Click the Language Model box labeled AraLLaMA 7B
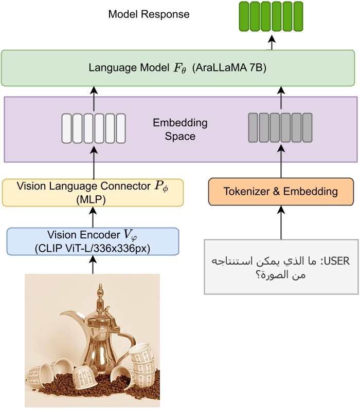point(177,68)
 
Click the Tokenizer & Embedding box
point(281,192)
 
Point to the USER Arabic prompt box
point(281,267)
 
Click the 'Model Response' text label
point(149,14)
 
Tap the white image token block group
point(94,128)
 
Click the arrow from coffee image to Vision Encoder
point(93,265)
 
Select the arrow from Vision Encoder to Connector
point(93,217)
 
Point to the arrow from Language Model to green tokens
point(272,42)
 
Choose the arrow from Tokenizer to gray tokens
point(281,161)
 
